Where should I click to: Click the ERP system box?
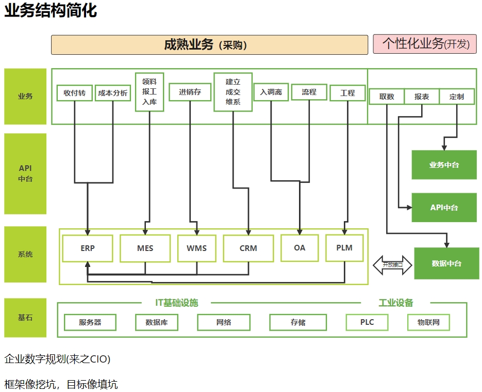tap(88, 248)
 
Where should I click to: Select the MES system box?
tap(145, 248)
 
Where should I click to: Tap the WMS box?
tap(196, 248)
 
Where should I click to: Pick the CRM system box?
tap(248, 248)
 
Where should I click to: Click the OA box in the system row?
tap(300, 248)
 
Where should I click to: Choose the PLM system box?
tap(344, 248)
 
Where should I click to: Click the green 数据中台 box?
tap(446, 263)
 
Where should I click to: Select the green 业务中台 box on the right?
tap(444, 165)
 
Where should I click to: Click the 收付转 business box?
tap(75, 93)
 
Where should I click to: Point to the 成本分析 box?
tap(113, 93)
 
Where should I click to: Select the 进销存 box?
tap(190, 92)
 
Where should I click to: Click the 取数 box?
tap(387, 97)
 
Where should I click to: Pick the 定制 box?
tap(457, 97)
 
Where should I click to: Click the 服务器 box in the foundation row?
tap(90, 322)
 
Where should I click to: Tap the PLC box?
tap(367, 322)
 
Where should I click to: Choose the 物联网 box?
tap(428, 322)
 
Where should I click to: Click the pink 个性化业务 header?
tap(425, 44)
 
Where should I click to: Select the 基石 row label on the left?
tap(25, 318)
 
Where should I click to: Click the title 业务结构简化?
tap(51, 10)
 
